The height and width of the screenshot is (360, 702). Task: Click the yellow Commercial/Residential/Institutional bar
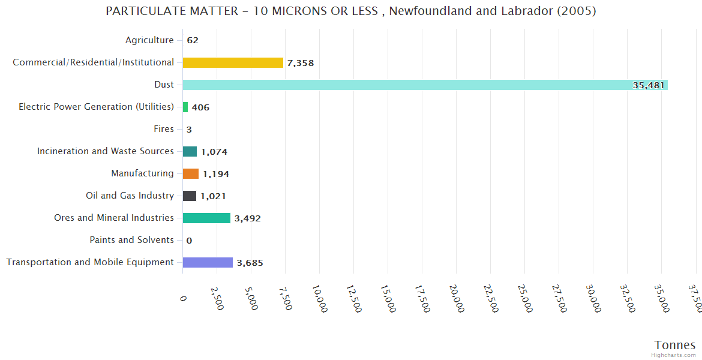pos(233,62)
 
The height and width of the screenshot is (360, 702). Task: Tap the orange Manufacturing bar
pos(191,173)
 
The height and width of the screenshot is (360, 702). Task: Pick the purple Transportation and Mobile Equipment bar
pos(208,262)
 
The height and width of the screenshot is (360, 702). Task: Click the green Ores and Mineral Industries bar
pos(206,218)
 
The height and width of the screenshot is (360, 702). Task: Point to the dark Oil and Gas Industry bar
pos(190,196)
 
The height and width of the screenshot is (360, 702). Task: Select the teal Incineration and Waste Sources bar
pos(190,151)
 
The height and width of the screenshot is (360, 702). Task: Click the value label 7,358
pos(301,63)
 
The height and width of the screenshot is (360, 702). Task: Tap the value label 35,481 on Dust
pos(649,85)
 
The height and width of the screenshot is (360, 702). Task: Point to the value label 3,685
pos(250,263)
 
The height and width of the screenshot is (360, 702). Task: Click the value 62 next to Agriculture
pos(193,41)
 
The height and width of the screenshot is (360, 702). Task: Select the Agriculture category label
pos(149,40)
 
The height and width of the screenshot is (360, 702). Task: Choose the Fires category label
pos(164,129)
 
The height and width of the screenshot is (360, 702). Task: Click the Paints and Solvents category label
pos(131,240)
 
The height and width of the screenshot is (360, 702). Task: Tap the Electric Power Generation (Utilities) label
pos(96,107)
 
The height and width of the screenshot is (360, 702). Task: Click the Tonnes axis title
pos(674,345)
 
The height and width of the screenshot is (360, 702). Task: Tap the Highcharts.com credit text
pos(674,355)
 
